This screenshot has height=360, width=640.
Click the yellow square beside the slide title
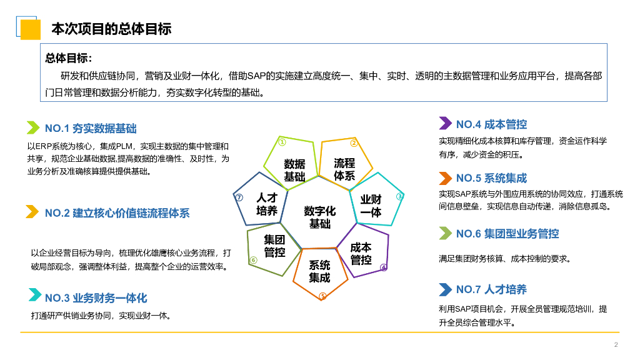tap(30, 29)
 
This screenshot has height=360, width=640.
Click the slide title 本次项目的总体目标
tap(111, 29)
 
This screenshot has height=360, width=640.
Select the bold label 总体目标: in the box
tap(69, 58)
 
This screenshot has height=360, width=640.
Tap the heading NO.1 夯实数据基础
tap(91, 129)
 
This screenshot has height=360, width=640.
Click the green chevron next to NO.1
tap(32, 128)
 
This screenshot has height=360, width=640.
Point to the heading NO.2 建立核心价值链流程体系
tap(117, 213)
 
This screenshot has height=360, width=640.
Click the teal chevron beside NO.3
tap(32, 296)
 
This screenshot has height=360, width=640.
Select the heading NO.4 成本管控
tap(491, 124)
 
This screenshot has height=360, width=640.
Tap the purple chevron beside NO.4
tap(445, 123)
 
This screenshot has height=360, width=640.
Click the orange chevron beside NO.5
tap(445, 177)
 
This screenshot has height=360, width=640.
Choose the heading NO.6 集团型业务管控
tap(507, 234)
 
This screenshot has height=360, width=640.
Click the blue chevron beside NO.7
tap(445, 289)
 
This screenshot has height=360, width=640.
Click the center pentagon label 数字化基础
tap(319, 217)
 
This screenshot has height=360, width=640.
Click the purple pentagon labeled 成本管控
tap(361, 254)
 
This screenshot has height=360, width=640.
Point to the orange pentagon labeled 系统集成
tap(319, 271)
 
